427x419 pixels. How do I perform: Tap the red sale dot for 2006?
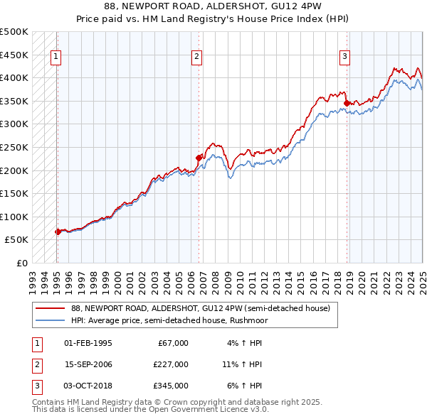(x=199, y=158)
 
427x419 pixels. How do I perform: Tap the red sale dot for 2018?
(x=347, y=103)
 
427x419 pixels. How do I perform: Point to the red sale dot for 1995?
(x=57, y=232)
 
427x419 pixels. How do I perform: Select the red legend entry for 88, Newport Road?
(x=200, y=309)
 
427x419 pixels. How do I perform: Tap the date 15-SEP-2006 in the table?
(x=88, y=364)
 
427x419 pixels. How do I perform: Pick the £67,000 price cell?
(x=173, y=343)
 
